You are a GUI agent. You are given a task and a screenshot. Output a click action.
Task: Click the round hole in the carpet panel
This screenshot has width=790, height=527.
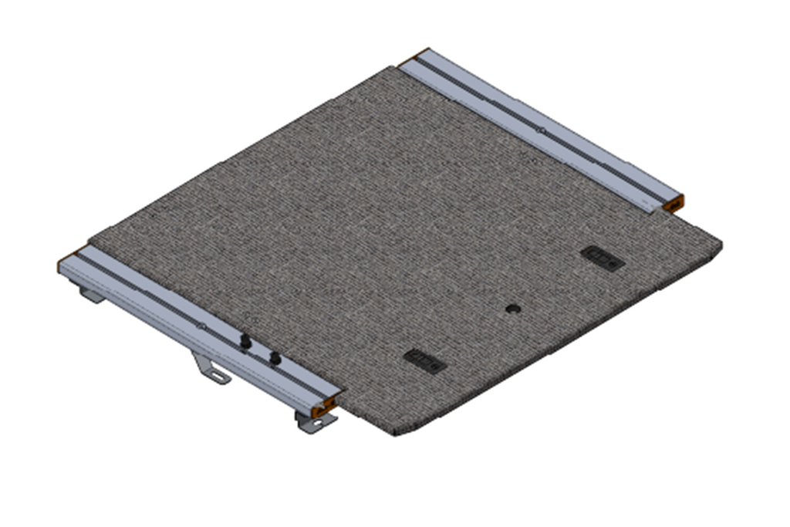pyautogui.click(x=512, y=309)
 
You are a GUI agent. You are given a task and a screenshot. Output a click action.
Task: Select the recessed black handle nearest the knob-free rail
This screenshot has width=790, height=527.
pyautogui.click(x=603, y=258)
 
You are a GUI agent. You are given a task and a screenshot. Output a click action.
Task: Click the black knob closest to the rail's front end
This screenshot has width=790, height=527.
pyautogui.click(x=274, y=357)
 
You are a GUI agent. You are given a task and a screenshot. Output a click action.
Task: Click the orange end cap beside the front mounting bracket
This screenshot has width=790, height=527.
pyautogui.click(x=332, y=405)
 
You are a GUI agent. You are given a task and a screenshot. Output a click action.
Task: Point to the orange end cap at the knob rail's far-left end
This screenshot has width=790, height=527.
pyautogui.click(x=63, y=264)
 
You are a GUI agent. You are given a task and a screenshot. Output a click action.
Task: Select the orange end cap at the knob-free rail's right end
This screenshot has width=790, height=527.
pyautogui.click(x=674, y=204)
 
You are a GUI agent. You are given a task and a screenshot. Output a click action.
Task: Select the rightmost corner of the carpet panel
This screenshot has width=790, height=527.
pyautogui.click(x=722, y=245)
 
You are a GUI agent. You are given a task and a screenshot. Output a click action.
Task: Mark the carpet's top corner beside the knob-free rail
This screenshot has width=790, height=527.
pyautogui.click(x=397, y=67)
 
